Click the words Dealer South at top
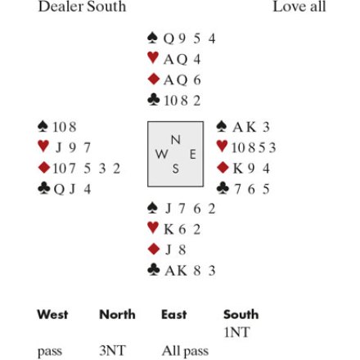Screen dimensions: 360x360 [82, 7]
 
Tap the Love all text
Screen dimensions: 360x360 [299, 7]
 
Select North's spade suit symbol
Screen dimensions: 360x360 [152, 38]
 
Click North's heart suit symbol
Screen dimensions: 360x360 [153, 58]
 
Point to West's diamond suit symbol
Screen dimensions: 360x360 [44, 168]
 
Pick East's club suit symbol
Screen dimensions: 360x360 [223, 188]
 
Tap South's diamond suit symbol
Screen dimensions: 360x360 [153, 250]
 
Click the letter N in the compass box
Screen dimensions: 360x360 [176, 140]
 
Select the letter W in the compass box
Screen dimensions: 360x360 [161, 154]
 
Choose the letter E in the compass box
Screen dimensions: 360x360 [192, 155]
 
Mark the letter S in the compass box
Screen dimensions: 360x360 [176, 169]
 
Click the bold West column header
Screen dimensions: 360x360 [52, 314]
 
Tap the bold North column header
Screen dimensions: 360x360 [117, 314]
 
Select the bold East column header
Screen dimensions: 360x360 [174, 314]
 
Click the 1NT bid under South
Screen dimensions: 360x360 [236, 332]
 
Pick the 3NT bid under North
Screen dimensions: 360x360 [112, 350]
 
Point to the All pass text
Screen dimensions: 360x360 [185, 351]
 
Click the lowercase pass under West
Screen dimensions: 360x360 [50, 352]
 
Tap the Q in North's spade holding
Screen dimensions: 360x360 [169, 38]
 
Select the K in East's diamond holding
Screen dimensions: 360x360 [238, 169]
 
